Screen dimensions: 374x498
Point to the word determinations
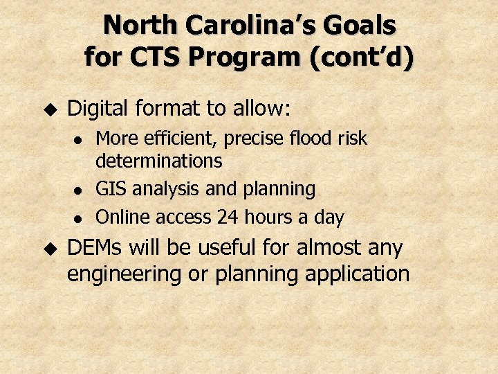[159, 161]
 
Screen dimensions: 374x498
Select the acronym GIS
[110, 188]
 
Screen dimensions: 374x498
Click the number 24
[227, 217]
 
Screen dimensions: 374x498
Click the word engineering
[124, 274]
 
